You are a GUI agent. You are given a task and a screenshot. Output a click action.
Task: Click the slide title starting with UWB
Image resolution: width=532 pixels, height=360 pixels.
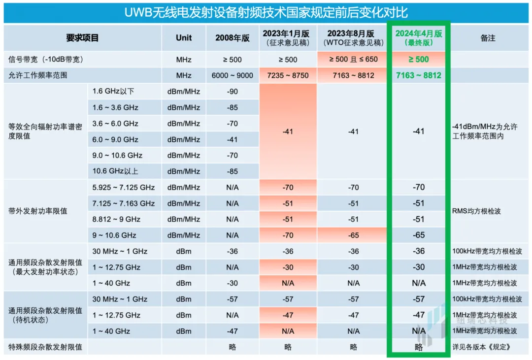[x=266, y=12]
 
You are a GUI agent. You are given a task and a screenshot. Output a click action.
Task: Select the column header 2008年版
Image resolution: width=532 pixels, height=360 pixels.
[x=233, y=38]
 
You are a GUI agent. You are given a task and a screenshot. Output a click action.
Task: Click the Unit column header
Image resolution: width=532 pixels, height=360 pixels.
[x=184, y=38]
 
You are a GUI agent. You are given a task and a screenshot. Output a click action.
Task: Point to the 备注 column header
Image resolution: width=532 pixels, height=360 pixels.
[x=488, y=38]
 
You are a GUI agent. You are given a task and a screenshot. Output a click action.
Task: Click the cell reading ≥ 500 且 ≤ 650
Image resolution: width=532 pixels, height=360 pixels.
[x=353, y=60]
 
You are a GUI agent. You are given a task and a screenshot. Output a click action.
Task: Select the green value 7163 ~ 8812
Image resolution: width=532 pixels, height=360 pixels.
[x=419, y=75]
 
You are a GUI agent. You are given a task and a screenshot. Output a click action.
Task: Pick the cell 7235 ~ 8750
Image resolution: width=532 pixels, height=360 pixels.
[x=288, y=75]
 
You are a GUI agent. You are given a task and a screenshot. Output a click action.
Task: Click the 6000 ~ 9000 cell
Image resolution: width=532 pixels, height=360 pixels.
[x=233, y=75]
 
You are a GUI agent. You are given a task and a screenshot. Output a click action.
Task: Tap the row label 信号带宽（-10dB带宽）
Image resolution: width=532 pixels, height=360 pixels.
[x=45, y=60]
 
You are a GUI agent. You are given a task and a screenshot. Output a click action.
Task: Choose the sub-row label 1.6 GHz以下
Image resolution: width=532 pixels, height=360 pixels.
[x=113, y=92]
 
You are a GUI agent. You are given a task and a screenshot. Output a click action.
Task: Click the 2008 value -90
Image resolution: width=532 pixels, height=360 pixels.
[x=233, y=92]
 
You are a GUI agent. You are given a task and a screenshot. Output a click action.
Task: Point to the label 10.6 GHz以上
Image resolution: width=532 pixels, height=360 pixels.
[x=115, y=171]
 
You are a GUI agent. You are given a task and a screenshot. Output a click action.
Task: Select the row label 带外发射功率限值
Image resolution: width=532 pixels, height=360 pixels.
[x=38, y=211]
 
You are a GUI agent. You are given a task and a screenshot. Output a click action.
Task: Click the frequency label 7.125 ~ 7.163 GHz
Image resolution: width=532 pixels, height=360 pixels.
[x=124, y=203]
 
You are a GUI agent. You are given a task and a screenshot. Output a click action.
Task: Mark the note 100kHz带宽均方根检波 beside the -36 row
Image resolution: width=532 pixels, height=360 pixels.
[x=487, y=251]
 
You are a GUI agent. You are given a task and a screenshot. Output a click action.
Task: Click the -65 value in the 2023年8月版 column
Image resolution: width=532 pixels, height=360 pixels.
[x=353, y=235]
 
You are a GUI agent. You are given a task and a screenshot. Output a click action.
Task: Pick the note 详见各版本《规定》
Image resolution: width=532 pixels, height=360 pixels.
[x=480, y=347]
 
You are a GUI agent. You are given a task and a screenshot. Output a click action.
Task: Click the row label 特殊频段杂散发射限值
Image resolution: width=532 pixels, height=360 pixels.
[x=45, y=347]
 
